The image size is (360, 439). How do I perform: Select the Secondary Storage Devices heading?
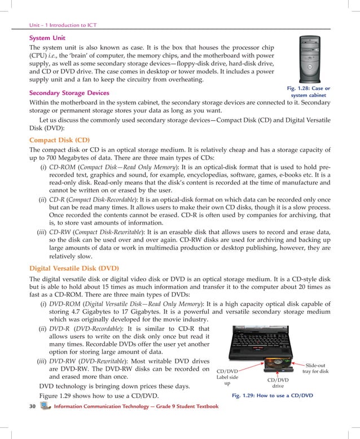coord(69,92)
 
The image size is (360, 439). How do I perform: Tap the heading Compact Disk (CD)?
coord(59,139)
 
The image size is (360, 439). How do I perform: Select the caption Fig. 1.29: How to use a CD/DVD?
coord(272,396)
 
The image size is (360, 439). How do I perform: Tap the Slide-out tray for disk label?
coord(315,367)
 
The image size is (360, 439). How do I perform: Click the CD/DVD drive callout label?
coord(278,383)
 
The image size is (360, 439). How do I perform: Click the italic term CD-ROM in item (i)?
coord(60,168)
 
